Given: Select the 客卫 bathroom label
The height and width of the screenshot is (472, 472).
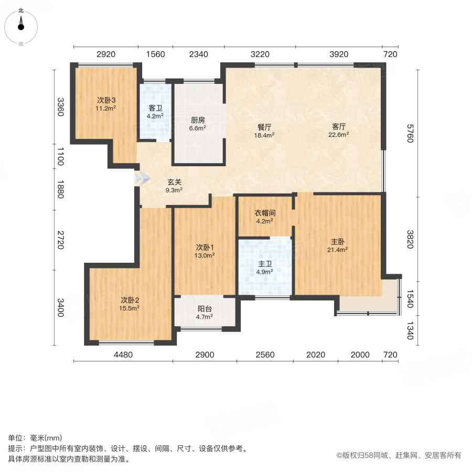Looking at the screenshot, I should (156, 108).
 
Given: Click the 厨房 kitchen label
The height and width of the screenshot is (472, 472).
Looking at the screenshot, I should (198, 119).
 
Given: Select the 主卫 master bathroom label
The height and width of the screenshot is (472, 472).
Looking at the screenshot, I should (265, 264).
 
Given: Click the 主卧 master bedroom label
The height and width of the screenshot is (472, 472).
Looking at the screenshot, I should (338, 242).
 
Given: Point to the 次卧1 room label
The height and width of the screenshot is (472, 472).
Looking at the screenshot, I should (205, 248).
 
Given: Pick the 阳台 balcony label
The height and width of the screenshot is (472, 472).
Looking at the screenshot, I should (205, 309).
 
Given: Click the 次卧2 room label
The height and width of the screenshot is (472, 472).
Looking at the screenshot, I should (130, 301).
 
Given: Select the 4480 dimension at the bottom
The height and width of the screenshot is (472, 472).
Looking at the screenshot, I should (123, 355).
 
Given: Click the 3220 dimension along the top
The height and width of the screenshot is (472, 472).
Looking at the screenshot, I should (260, 54).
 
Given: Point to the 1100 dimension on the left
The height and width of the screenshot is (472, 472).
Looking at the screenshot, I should (61, 156).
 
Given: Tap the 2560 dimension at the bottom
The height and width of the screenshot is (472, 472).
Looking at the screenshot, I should (265, 355).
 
